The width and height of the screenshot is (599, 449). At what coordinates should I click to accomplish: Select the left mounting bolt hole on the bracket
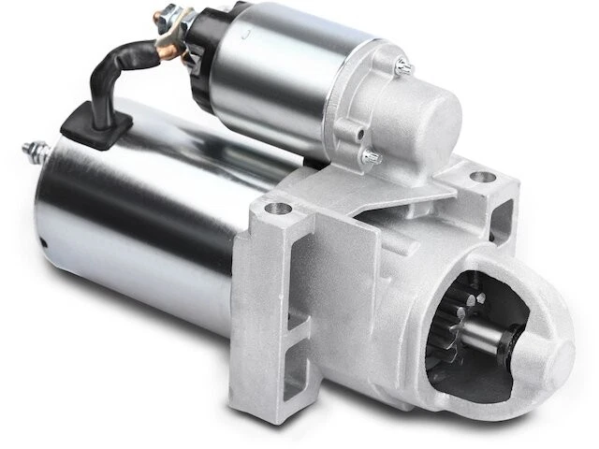click(273, 209)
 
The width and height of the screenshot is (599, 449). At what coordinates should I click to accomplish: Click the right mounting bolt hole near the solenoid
click(483, 176)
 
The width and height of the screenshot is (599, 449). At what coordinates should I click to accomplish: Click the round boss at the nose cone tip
click(551, 355)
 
